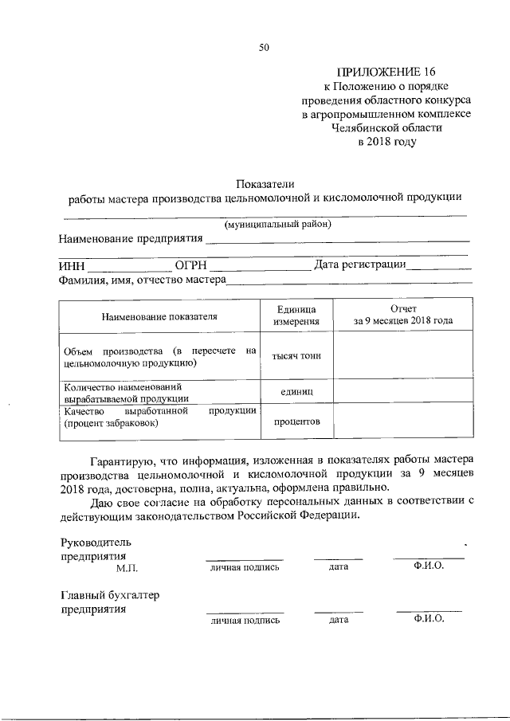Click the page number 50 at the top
[264, 48]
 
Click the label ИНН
[72, 265]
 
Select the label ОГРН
[190, 265]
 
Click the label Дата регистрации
[360, 264]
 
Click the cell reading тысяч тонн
[296, 355]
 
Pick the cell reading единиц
[296, 392]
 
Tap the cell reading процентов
[296, 421]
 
